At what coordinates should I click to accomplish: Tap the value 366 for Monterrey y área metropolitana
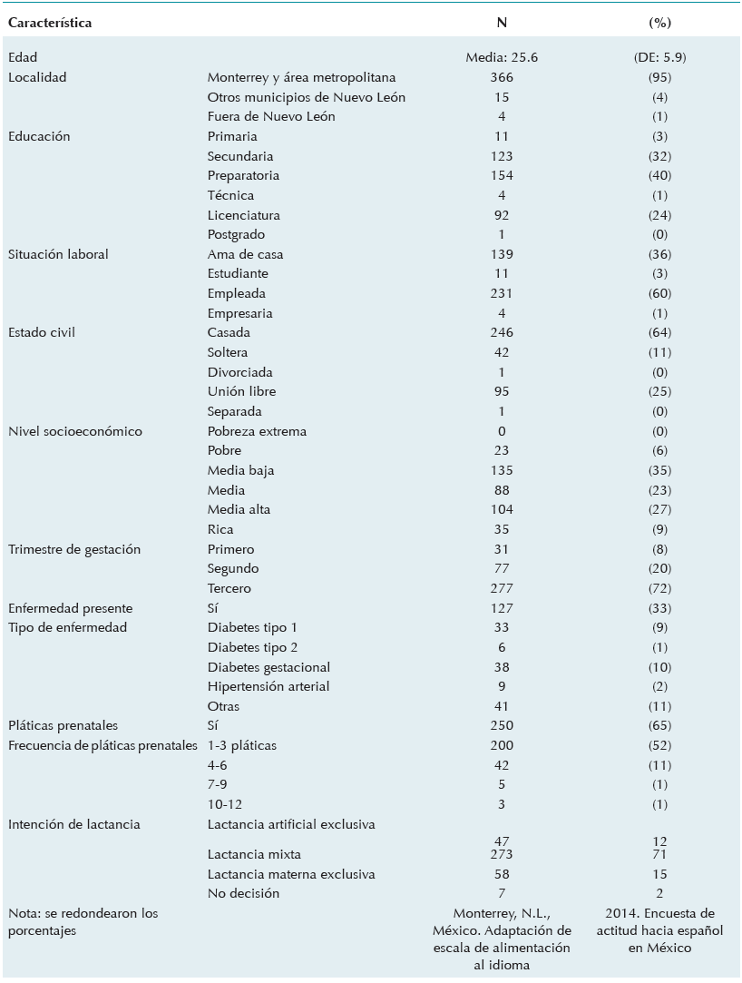[502, 77]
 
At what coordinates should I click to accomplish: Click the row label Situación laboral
[58, 254]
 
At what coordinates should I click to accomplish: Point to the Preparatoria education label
[243, 175]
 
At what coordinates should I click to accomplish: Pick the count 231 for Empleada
[502, 293]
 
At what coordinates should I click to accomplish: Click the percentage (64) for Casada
[653, 332]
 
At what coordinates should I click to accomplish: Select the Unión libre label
[241, 391]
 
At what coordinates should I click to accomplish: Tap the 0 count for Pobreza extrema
[502, 431]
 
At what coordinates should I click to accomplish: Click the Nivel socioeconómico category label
[74, 431]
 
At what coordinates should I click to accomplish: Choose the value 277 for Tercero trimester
[502, 588]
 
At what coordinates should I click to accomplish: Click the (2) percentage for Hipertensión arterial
[653, 686]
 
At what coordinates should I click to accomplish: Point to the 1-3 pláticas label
[242, 745]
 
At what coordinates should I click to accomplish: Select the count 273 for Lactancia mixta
[502, 854]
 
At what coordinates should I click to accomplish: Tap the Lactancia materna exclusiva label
[291, 874]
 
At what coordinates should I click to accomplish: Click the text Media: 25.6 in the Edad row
[502, 57]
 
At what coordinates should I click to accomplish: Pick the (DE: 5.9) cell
[653, 57]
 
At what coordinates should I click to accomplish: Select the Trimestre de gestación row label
[74, 549]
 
